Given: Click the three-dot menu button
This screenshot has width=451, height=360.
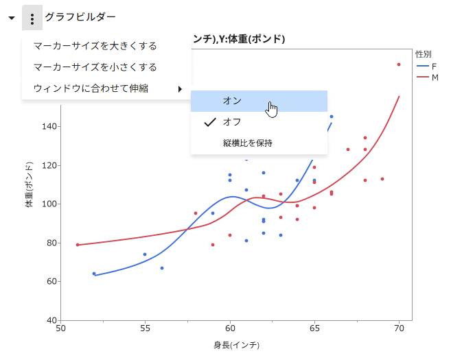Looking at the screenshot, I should click(x=32, y=18).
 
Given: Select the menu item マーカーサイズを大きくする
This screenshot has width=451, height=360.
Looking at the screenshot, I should click(x=95, y=46).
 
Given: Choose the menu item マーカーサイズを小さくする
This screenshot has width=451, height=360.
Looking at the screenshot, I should click(x=95, y=67).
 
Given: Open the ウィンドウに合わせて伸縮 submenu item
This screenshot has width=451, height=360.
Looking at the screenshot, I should click(x=91, y=88).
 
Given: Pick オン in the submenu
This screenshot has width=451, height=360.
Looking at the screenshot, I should click(x=232, y=101).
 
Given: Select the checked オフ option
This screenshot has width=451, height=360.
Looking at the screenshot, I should click(x=232, y=122).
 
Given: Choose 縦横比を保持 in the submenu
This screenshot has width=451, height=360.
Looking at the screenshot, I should click(x=247, y=143).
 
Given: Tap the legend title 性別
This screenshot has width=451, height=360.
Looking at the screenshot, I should click(x=423, y=54).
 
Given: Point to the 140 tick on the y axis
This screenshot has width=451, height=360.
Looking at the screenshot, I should click(x=49, y=126).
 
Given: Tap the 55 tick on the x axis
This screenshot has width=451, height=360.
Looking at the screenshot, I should click(x=145, y=329).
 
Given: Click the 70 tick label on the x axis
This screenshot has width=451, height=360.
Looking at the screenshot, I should click(x=399, y=329).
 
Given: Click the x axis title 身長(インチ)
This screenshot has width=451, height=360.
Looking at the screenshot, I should click(x=236, y=345).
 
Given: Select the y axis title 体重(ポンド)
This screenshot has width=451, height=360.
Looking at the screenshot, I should click(x=30, y=184).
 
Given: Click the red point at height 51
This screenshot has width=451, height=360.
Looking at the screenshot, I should click(x=78, y=245).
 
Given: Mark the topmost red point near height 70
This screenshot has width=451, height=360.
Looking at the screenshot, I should click(x=399, y=64).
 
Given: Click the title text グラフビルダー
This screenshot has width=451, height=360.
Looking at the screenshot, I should click(x=80, y=17).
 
